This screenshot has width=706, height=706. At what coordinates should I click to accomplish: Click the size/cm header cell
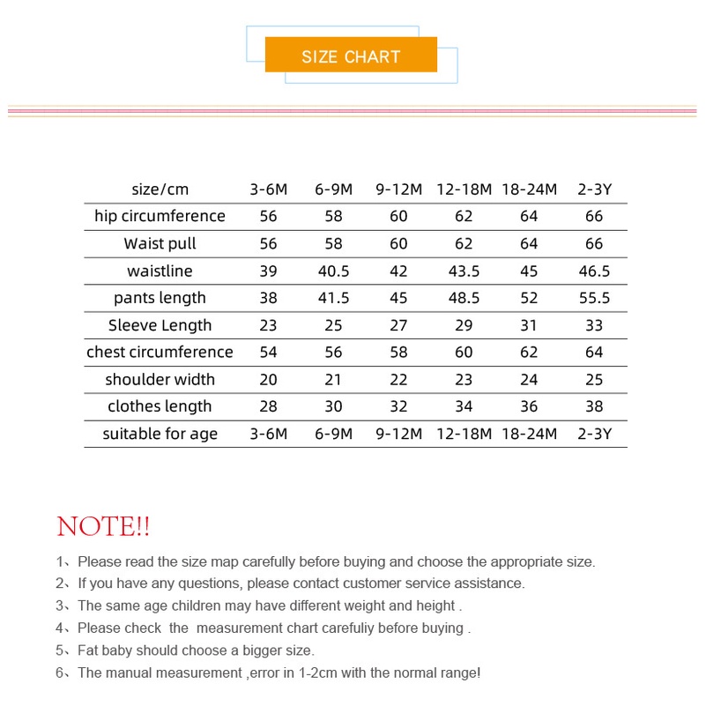point(160,190)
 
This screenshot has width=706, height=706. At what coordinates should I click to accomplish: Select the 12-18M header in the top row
point(464,190)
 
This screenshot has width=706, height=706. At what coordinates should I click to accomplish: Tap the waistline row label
point(160,271)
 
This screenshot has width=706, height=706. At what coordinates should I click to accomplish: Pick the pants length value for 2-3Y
point(594,298)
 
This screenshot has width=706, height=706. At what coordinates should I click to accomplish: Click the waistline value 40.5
point(333,271)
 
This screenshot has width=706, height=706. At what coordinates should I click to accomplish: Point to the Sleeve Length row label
point(160,325)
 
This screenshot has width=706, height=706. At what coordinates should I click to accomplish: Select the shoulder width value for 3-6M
point(268,379)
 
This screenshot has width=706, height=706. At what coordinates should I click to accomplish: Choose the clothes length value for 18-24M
point(529,406)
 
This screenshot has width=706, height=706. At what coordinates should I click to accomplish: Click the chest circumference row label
point(160,353)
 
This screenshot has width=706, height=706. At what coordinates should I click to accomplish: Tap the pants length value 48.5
point(464,298)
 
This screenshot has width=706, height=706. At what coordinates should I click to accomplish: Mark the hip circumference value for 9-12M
point(398,216)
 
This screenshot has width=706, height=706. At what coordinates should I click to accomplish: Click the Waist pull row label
point(160,243)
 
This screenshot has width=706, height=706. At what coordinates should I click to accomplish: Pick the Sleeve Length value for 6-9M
point(333,325)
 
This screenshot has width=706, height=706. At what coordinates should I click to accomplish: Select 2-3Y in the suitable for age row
point(594,434)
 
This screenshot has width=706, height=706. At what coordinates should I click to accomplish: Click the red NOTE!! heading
point(103,527)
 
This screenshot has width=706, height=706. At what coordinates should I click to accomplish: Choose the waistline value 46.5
point(594,271)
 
